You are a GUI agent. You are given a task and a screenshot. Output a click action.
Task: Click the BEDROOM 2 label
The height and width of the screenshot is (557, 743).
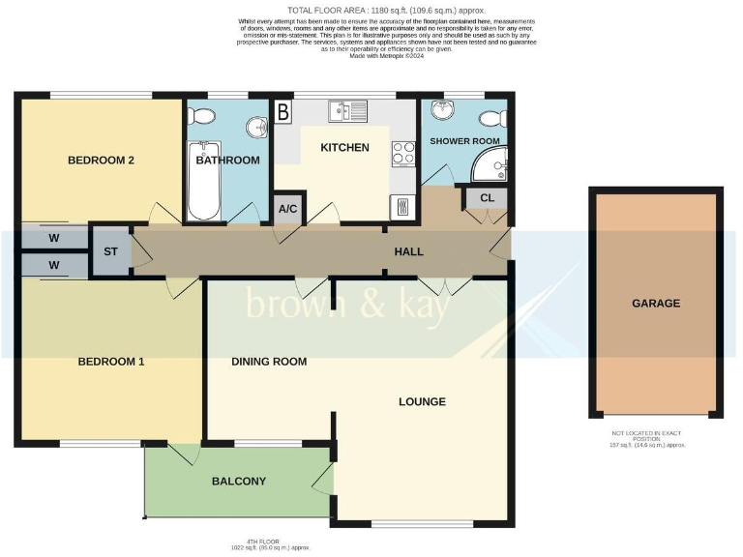[101, 161]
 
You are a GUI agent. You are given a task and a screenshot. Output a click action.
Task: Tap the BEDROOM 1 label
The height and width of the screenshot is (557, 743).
[111, 362]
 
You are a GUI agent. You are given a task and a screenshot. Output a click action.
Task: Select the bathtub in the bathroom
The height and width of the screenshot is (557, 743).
[204, 182]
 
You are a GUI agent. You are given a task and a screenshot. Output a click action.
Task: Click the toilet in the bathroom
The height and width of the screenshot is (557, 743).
[202, 116]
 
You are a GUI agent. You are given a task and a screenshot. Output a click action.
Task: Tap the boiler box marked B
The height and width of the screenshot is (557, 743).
[283, 111]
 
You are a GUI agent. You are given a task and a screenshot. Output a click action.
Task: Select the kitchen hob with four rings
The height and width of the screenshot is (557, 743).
[401, 154]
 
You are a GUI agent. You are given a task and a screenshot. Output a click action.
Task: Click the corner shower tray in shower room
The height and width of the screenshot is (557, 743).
[490, 169]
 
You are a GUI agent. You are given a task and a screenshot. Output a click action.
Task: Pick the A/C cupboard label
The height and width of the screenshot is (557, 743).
[287, 209]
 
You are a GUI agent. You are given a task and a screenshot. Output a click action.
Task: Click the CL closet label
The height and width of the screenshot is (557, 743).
[487, 198]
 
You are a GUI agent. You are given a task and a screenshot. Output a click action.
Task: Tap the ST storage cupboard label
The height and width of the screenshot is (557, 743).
[110, 251]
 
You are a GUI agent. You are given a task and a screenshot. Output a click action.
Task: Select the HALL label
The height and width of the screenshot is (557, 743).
[408, 251]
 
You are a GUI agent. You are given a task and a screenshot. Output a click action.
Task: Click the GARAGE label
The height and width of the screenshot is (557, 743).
[656, 303]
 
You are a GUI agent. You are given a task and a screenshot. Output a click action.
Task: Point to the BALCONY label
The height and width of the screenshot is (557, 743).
[238, 481]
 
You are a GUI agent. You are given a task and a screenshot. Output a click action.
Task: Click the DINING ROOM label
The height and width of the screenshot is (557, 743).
[269, 362]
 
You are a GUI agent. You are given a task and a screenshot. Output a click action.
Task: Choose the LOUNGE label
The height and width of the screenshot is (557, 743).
[421, 401]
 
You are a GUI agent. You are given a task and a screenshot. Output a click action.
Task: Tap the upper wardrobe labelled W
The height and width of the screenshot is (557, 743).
[53, 238]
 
